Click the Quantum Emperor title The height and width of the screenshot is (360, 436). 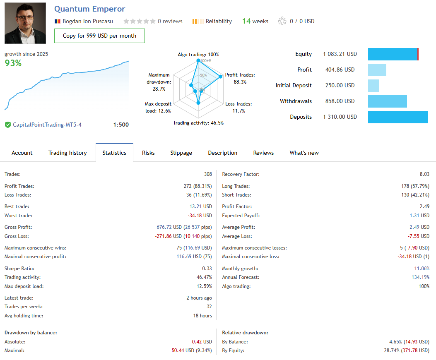point(89,9)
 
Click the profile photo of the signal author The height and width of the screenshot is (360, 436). point(25,23)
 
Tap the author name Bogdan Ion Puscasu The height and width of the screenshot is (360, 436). point(87,21)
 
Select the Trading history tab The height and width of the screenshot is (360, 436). point(67,153)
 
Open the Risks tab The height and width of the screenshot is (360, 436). point(148,153)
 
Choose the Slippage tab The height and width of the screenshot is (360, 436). point(181,153)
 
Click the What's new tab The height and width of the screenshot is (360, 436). point(304,153)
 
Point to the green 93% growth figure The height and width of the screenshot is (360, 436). point(13,63)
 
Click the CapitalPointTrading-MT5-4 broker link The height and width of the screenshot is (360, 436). point(47,125)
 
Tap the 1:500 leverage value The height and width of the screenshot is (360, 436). point(120,125)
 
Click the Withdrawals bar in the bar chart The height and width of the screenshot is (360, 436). point(387,101)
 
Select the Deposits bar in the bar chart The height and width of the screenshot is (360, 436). point(397,117)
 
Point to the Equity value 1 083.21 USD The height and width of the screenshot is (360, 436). point(340,54)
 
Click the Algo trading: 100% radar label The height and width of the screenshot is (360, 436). point(198,55)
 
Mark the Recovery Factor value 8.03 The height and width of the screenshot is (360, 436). point(424,174)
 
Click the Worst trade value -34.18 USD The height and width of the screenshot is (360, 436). point(200,216)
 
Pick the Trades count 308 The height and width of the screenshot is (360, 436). point(207,174)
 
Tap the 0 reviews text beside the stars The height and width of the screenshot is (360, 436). point(170,21)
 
